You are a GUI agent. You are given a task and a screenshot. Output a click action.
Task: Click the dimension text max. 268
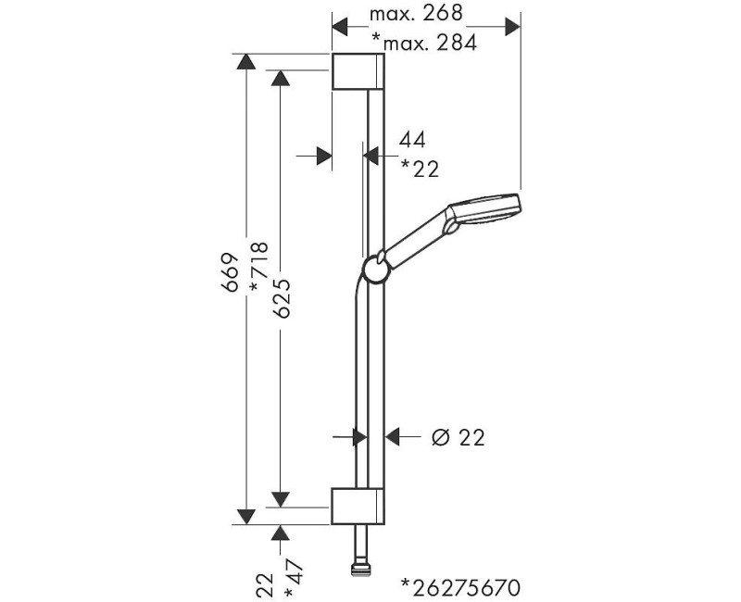[415, 13]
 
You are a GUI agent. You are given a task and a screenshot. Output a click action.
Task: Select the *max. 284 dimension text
[424, 43]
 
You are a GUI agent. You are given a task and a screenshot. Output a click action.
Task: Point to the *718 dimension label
[259, 267]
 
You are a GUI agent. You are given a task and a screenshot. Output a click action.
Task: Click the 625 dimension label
[282, 298]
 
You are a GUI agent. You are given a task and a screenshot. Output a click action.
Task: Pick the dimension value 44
[412, 140]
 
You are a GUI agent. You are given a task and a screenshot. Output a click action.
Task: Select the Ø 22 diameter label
[458, 438]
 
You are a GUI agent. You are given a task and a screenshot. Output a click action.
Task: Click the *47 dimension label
[293, 579]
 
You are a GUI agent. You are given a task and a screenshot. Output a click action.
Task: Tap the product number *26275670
[460, 587]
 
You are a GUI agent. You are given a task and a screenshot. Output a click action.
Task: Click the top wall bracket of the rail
[358, 71]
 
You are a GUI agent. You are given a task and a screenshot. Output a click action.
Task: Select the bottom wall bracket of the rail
[358, 506]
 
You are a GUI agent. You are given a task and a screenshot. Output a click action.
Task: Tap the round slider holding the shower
[377, 270]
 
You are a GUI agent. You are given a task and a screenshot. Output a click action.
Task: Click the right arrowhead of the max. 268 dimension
[512, 27]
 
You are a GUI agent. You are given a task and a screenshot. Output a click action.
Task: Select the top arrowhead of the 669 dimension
[245, 62]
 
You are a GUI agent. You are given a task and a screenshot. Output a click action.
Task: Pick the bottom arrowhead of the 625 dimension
[281, 499]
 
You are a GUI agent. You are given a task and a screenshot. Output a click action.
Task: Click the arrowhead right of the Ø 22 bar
[393, 437]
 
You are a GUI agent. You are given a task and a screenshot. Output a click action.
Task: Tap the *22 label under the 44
[420, 169]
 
